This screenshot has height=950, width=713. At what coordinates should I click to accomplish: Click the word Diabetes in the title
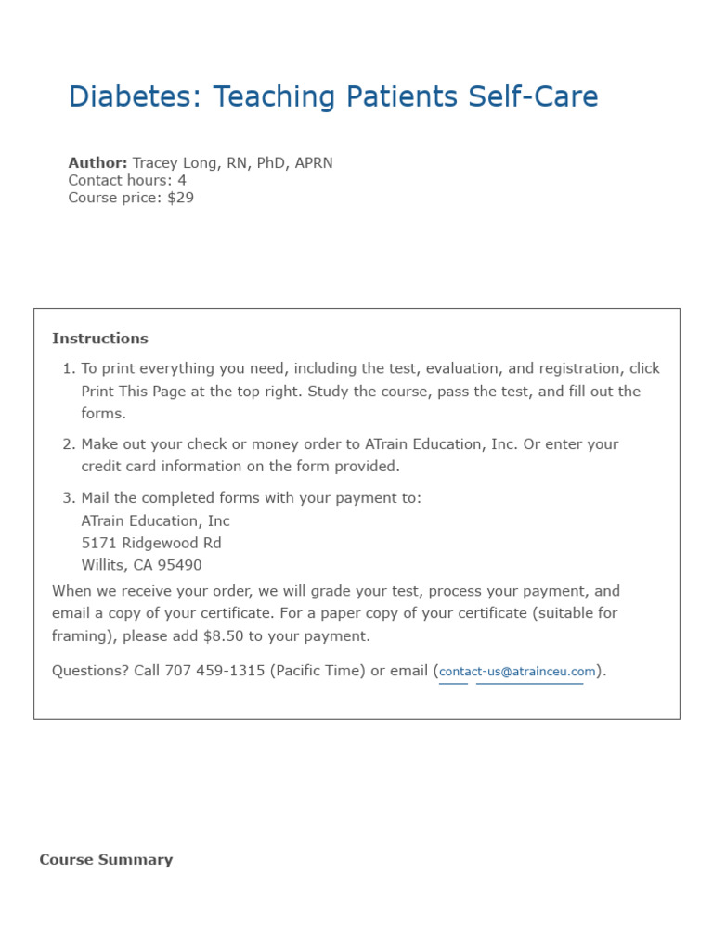[x=132, y=96]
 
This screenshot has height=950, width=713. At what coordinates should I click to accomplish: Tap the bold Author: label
[x=97, y=163]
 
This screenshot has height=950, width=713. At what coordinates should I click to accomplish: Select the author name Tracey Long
[x=175, y=163]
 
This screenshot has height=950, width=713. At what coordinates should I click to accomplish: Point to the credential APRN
[x=313, y=163]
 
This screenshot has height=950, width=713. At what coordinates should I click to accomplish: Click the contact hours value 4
[x=182, y=180]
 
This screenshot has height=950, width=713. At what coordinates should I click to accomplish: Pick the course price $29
[x=181, y=198]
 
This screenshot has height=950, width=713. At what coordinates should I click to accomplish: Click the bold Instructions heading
[x=100, y=339]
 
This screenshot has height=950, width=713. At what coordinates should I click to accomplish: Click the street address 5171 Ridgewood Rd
[x=151, y=543]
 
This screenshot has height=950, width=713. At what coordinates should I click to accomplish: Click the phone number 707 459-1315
[x=214, y=671]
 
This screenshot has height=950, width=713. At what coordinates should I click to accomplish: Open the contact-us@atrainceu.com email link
[x=517, y=672]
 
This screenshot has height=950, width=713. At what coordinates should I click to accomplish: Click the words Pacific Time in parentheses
[x=318, y=671]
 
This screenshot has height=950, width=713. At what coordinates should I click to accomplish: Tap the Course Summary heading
[x=106, y=860]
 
